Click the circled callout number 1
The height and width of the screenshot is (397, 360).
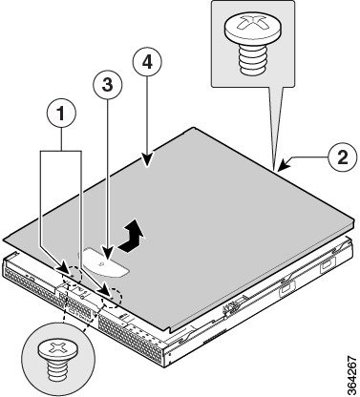62,113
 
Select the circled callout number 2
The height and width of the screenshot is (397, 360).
343,157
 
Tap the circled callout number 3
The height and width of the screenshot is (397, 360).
108,85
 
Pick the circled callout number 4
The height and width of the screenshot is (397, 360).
147,63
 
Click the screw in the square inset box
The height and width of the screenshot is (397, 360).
253,43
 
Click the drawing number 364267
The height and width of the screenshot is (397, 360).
352,375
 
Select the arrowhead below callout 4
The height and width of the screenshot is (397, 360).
147,160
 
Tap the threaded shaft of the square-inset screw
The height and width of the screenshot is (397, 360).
254,59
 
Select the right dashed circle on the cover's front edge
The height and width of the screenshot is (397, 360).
111,299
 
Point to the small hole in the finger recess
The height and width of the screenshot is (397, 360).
101,264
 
